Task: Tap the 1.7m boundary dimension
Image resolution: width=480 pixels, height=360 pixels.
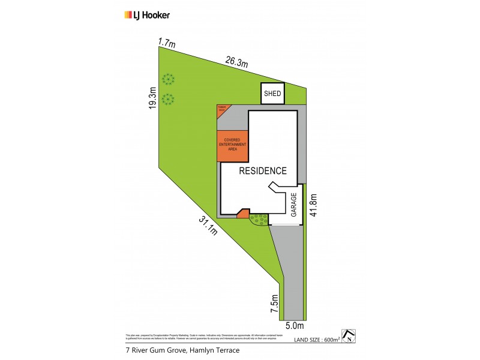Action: [x=166, y=42]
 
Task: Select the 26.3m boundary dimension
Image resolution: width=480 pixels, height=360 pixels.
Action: [x=236, y=61]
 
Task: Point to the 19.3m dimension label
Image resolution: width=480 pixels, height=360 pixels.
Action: [x=154, y=98]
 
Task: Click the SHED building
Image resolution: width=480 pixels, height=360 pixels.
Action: [x=272, y=94]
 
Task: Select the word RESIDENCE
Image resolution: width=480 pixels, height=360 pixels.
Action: [x=263, y=170]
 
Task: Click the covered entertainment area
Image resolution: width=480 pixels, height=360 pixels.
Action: [x=232, y=146]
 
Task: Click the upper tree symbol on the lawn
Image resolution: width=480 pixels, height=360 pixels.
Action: [x=169, y=79]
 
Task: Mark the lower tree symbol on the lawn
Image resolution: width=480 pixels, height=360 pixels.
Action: [x=169, y=99]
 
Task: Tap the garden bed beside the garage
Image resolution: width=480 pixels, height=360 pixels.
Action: [x=259, y=220]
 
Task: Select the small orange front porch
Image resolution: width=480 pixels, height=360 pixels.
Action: [x=243, y=214]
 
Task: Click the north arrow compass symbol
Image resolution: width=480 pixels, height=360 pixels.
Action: [x=349, y=337]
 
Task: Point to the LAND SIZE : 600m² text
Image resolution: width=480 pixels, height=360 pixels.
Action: [x=317, y=340]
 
